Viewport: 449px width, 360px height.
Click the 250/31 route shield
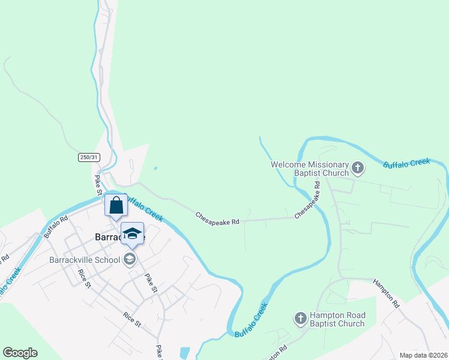coord(88,157)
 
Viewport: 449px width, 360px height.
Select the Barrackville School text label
coord(83,260)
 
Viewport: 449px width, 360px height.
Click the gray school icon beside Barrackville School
coord(129,260)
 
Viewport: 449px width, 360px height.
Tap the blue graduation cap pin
coord(133,233)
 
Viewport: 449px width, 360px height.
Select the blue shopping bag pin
coord(116,205)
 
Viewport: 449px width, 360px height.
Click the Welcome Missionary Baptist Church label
coord(310,169)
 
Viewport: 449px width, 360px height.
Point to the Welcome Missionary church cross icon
coord(358,168)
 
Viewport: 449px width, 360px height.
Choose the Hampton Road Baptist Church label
coord(337,319)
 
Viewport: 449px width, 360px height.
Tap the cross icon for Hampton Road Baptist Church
coord(301,319)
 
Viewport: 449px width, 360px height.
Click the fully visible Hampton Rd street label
coord(387,293)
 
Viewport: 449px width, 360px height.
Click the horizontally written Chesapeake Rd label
coord(217,218)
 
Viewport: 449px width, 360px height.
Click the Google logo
coord(20,353)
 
